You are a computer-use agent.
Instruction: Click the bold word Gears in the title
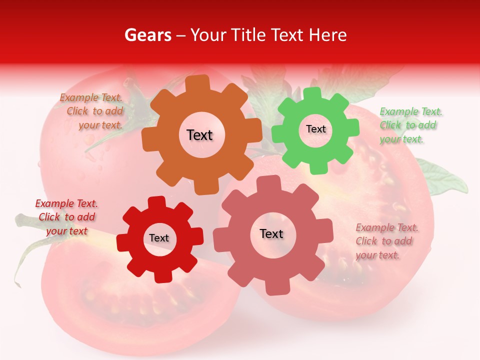click(x=148, y=35)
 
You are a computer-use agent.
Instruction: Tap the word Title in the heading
click(x=248, y=35)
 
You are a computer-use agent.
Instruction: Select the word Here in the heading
click(x=328, y=35)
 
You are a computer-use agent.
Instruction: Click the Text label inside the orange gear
click(x=199, y=135)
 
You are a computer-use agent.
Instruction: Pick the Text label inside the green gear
click(x=315, y=129)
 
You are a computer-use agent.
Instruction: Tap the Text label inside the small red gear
click(x=159, y=238)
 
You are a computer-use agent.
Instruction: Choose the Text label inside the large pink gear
click(x=271, y=233)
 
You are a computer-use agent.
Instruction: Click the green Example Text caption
click(x=410, y=125)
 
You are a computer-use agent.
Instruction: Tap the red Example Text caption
click(x=66, y=217)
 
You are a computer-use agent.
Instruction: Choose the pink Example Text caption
click(x=386, y=241)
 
